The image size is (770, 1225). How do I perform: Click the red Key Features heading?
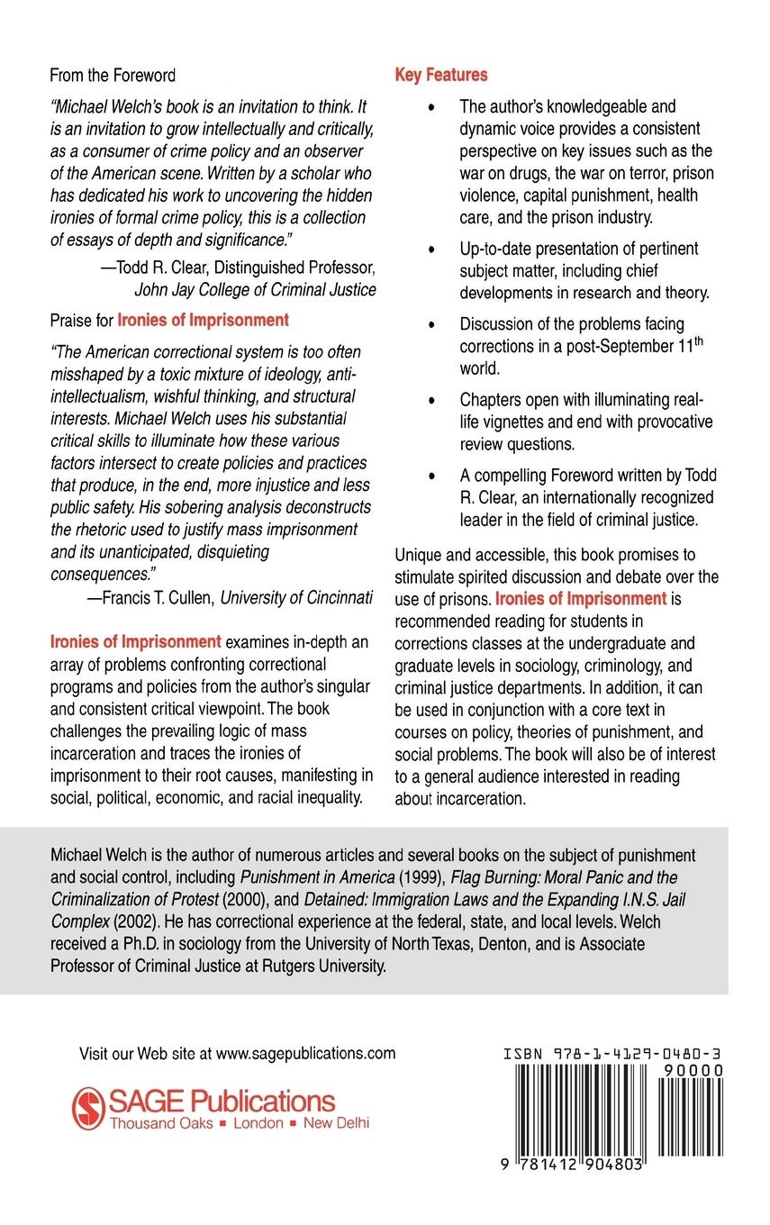pos(441,75)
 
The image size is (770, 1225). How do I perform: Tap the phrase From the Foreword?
pos(113,75)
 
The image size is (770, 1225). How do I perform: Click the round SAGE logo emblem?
pos(88,1107)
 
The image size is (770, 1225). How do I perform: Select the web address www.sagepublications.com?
pos(306,1052)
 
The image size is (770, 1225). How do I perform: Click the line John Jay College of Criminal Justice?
pos(255,289)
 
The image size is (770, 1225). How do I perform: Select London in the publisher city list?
pos(259,1123)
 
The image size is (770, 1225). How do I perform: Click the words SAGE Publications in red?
pos(222,1100)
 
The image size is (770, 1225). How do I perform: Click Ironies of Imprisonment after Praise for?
pos(204,319)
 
